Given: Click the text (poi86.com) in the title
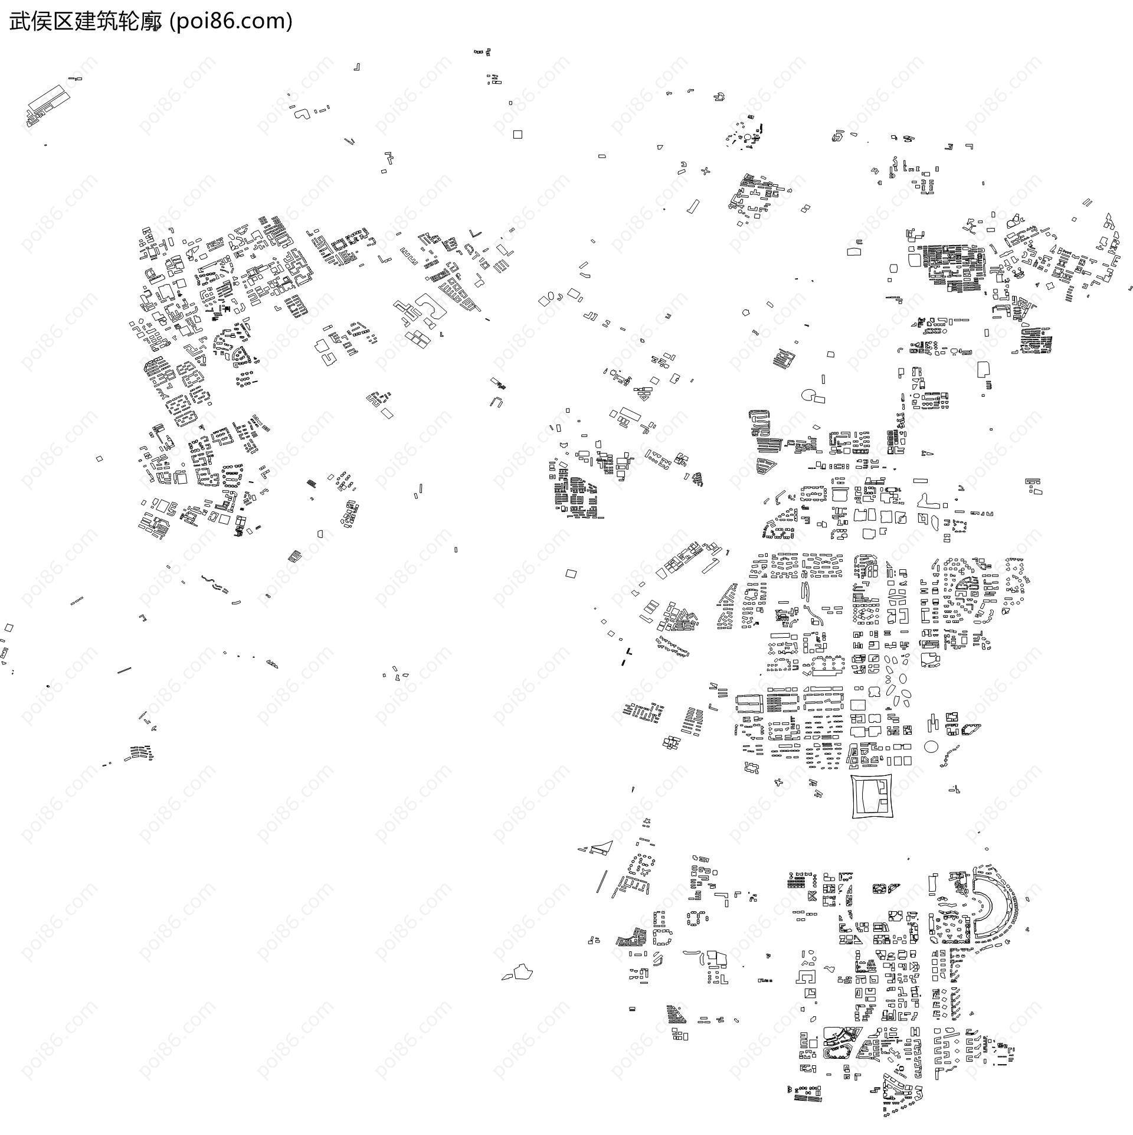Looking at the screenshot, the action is pyautogui.click(x=231, y=22).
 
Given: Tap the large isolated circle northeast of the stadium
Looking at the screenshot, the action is pyautogui.click(x=931, y=747).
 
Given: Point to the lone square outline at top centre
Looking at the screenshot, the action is pyautogui.click(x=518, y=135).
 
